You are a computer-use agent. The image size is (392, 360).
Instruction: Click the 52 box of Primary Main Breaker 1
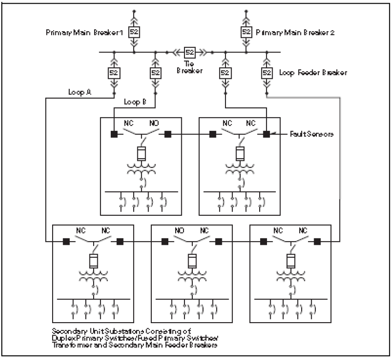(134, 32)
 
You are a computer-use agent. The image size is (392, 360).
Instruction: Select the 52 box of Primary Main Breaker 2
(246, 32)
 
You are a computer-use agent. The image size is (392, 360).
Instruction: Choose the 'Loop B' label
(135, 102)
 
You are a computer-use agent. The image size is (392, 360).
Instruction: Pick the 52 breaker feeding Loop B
(155, 73)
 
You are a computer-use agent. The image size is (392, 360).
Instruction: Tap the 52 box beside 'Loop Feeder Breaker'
(267, 73)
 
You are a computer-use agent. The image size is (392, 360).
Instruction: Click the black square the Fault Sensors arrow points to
(266, 134)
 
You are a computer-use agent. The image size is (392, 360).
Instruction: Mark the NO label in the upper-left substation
(153, 124)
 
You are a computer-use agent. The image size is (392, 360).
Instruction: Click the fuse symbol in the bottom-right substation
(291, 261)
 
